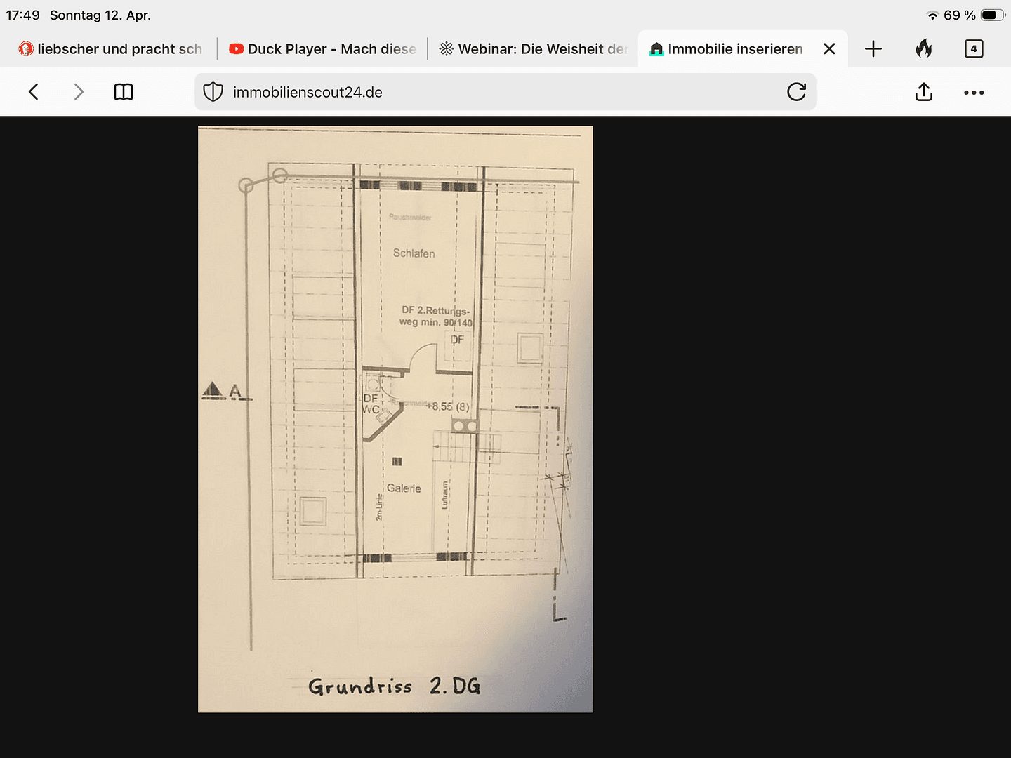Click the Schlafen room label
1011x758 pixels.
[x=414, y=253]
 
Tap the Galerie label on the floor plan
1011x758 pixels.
[x=404, y=488]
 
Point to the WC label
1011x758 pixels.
[x=371, y=409]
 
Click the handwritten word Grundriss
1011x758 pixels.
[x=359, y=686]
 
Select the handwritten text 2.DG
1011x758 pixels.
[x=455, y=686]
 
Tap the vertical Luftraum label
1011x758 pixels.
[x=444, y=495]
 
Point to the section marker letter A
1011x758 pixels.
[x=234, y=391]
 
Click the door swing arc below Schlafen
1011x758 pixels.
[x=421, y=354]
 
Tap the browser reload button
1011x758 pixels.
[x=796, y=92]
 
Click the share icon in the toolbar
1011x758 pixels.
[x=924, y=92]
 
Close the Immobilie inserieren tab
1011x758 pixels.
[x=829, y=49]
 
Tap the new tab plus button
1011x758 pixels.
[x=873, y=49]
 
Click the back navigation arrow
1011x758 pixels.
[x=33, y=92]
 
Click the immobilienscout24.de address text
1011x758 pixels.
[x=308, y=93]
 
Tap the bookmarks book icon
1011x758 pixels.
[x=124, y=92]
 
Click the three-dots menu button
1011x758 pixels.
[x=974, y=92]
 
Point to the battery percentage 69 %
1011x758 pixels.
[x=959, y=15]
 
